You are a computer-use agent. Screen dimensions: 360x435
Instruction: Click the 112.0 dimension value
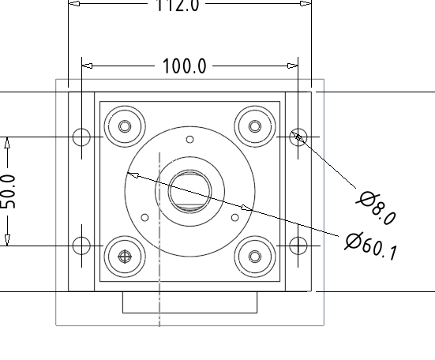pyautogui.click(x=179, y=6)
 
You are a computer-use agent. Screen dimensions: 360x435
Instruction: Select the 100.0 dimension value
pyautogui.click(x=184, y=66)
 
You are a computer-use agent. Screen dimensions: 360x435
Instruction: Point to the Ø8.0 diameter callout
pyautogui.click(x=376, y=208)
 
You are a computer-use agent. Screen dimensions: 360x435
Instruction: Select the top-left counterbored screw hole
pyautogui.click(x=126, y=126)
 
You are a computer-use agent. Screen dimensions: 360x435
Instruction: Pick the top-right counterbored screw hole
pyautogui.click(x=254, y=126)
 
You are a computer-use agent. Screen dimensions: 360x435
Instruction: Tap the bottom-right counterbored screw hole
pyautogui.click(x=254, y=256)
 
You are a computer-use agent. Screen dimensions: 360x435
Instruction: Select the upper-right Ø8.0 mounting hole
pyautogui.click(x=298, y=137)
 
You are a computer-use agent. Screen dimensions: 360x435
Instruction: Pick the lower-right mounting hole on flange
pyautogui.click(x=298, y=245)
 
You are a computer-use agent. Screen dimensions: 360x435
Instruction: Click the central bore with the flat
pyautogui.click(x=189, y=191)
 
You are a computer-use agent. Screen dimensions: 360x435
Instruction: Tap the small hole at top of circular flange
pyautogui.click(x=189, y=140)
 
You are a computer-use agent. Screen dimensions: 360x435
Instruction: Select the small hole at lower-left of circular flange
pyautogui.click(x=144, y=217)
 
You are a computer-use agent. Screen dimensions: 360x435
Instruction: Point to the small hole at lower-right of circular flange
pyautogui.click(x=234, y=217)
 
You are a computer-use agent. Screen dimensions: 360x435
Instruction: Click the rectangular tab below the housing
pyautogui.click(x=189, y=302)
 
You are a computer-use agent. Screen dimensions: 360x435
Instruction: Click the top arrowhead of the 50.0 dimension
pyautogui.click(x=8, y=143)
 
